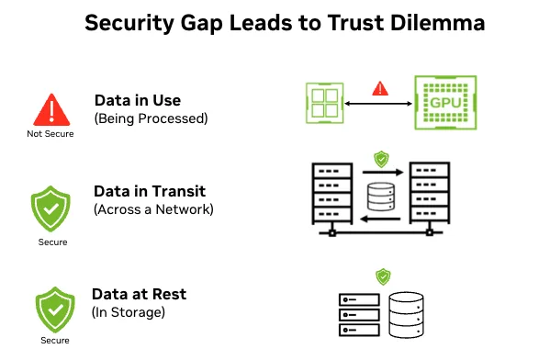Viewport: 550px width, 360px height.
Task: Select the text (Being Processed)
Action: (152, 118)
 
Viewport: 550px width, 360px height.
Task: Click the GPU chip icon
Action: (446, 102)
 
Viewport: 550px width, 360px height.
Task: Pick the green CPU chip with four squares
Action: (324, 101)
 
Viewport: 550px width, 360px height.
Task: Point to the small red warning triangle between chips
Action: (377, 89)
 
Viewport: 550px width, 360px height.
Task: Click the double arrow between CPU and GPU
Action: (377, 103)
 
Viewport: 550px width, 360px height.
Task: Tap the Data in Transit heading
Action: (149, 191)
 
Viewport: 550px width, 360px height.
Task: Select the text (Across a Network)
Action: (152, 209)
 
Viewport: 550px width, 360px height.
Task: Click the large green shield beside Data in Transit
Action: (51, 208)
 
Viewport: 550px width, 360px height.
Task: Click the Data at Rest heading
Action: (140, 294)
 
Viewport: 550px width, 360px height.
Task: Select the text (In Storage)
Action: (128, 312)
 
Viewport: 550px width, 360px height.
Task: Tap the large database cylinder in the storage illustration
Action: (408, 314)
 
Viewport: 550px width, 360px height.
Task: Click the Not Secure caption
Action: (51, 134)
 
